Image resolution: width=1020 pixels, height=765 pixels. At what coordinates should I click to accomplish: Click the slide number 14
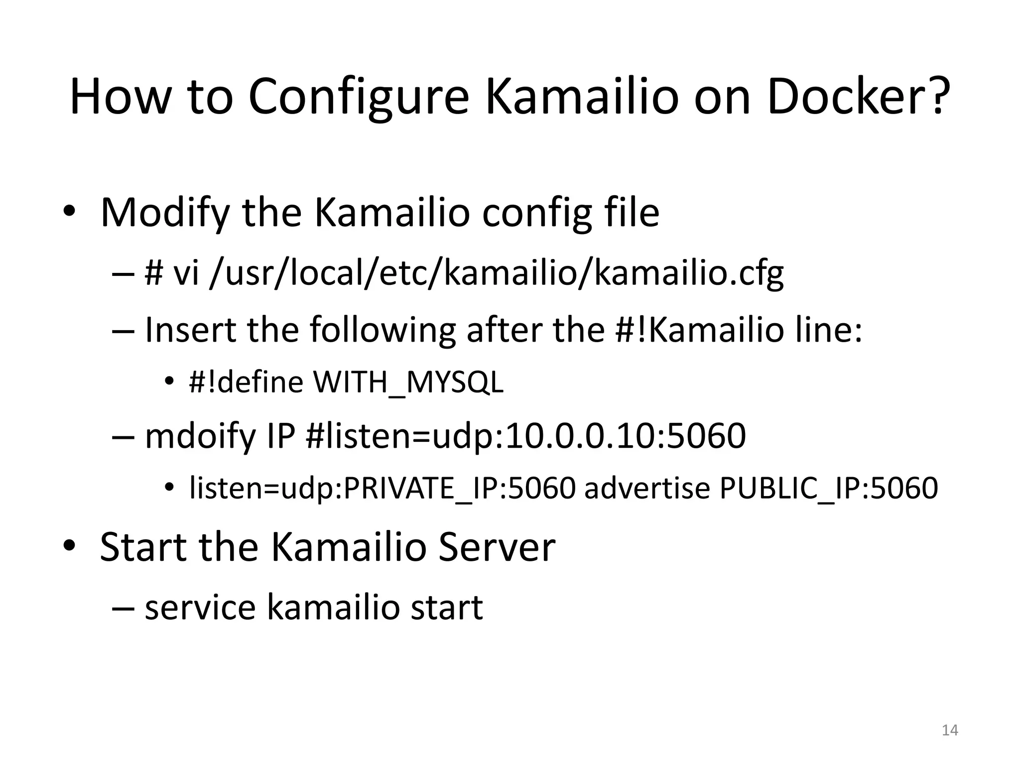point(950,730)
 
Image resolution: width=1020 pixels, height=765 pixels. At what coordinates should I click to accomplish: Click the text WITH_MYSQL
point(408,382)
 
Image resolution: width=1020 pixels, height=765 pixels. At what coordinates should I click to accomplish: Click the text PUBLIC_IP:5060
point(828,488)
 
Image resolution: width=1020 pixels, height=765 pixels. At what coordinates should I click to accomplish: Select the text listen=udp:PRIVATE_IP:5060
point(382,488)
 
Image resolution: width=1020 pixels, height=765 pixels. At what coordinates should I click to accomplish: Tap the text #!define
point(246,382)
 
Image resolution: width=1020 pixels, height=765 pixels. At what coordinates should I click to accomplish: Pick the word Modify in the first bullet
point(165,213)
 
